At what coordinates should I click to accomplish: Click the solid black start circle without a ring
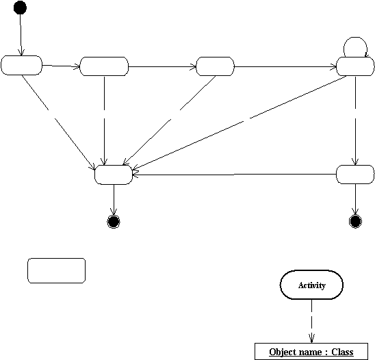(20, 8)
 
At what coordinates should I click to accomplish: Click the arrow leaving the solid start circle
(21, 35)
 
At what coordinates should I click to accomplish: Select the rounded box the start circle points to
(21, 65)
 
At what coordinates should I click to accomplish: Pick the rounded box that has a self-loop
(355, 66)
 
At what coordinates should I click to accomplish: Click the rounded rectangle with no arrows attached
(56, 270)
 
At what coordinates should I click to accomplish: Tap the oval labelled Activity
(311, 285)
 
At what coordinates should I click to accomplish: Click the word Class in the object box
(342, 352)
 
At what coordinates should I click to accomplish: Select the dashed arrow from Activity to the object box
(311, 321)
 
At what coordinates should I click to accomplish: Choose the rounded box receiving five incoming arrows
(114, 175)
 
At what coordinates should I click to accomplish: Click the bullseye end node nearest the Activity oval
(355, 221)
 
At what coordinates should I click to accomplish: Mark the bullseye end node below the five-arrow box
(114, 222)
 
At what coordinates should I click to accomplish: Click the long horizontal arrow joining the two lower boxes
(234, 175)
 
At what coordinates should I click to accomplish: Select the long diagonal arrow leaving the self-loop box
(239, 123)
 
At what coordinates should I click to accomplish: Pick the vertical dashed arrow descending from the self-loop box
(355, 120)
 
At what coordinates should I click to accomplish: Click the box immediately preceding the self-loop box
(216, 66)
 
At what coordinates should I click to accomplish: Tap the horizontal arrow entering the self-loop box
(285, 67)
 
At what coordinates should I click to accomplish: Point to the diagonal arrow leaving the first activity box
(59, 123)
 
